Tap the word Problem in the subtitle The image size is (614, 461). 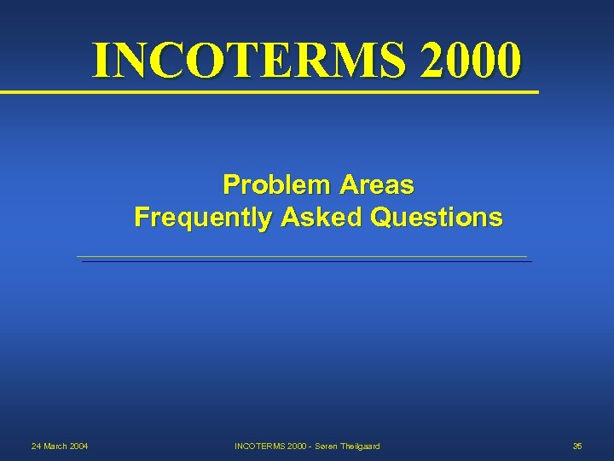(276, 184)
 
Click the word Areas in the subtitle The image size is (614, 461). (376, 184)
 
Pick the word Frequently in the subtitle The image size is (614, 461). (201, 218)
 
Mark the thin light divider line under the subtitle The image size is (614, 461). (302, 256)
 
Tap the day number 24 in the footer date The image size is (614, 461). (36, 446)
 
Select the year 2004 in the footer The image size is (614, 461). (78, 446)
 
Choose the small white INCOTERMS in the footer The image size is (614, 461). (259, 446)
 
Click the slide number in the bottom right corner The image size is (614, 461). (577, 446)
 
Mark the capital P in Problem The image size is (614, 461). (229, 184)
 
